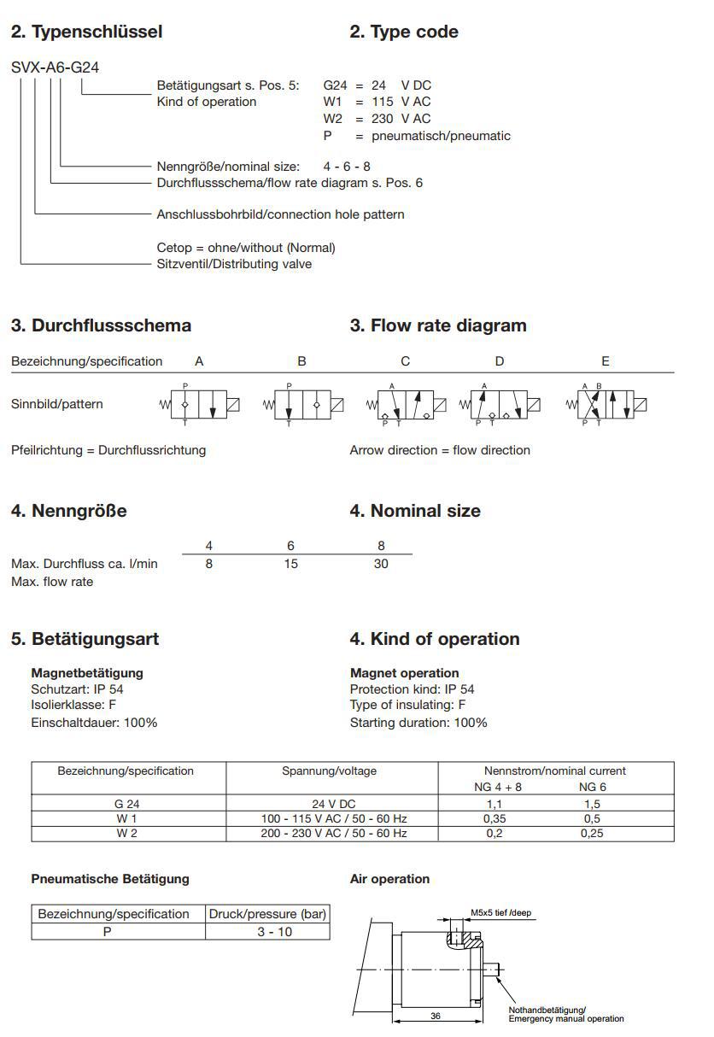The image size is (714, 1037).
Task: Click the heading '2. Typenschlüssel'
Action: point(86,32)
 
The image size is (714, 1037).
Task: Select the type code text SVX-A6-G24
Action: point(56,67)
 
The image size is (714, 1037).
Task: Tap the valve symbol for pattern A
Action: point(200,404)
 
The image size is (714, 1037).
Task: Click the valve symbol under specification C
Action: point(406,404)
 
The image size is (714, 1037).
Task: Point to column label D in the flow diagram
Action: point(500,361)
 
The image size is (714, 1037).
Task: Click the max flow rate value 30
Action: point(381,564)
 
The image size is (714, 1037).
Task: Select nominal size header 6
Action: point(290,546)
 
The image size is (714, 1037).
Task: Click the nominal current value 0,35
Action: point(494,818)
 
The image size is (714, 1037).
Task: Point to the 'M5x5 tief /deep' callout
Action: point(500,912)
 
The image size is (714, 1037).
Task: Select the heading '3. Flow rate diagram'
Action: point(438,325)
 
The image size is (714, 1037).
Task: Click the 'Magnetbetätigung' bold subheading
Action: point(87,673)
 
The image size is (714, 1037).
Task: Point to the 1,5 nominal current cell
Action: point(591,804)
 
